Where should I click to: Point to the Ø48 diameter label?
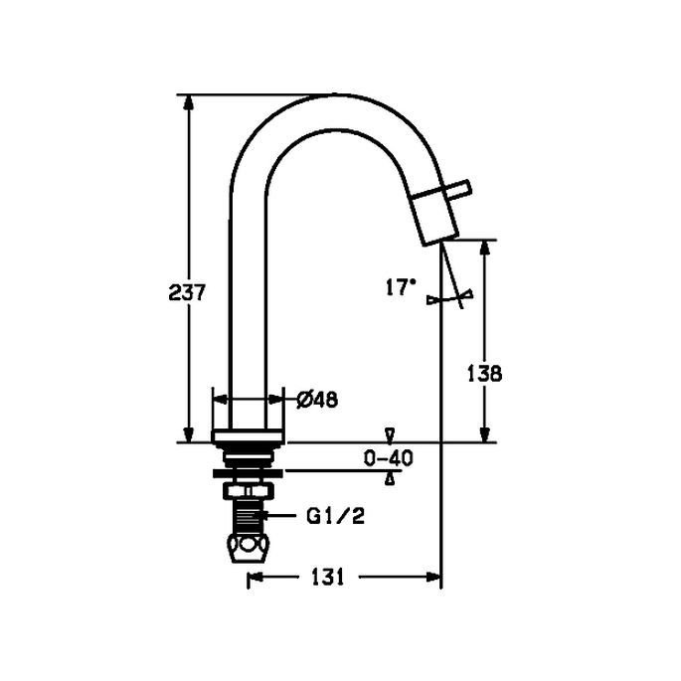318,399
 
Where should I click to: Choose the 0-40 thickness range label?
389,458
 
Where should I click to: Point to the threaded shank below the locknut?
248,518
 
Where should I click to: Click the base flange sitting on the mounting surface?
249,436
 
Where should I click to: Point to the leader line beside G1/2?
282,516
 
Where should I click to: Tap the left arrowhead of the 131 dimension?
255,577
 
